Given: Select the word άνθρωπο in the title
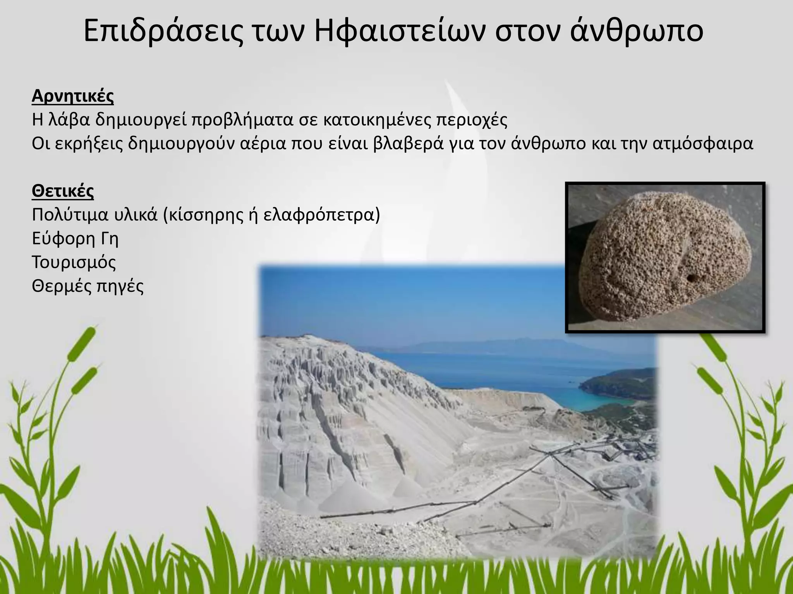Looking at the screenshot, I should (x=637, y=32).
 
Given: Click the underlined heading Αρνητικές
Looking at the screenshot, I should (x=73, y=96).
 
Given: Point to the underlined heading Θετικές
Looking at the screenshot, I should (x=63, y=191).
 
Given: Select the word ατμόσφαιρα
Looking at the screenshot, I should (x=703, y=143).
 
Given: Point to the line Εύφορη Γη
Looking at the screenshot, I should (x=75, y=239).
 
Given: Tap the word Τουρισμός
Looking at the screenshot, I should (x=74, y=262).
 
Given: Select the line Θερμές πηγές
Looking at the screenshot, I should (x=88, y=286).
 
